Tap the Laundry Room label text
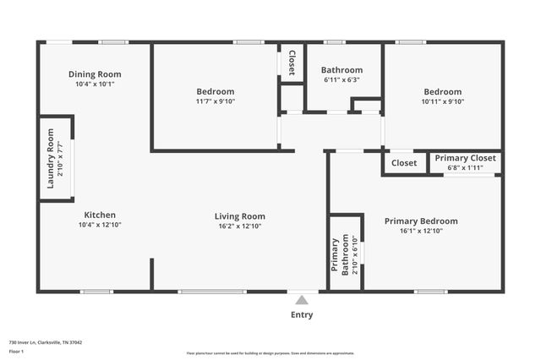click(x=51, y=158)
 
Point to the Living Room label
click(x=240, y=216)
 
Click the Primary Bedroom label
click(x=421, y=221)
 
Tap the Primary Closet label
click(x=465, y=158)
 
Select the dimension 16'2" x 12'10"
click(x=240, y=226)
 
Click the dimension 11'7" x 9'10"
click(x=216, y=101)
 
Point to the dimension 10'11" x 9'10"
click(x=442, y=101)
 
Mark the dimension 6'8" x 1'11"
click(x=465, y=167)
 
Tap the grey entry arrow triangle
click(x=302, y=299)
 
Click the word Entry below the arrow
click(x=302, y=315)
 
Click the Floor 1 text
click(x=17, y=351)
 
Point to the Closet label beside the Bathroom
click(x=292, y=63)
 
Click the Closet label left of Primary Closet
click(x=404, y=163)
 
